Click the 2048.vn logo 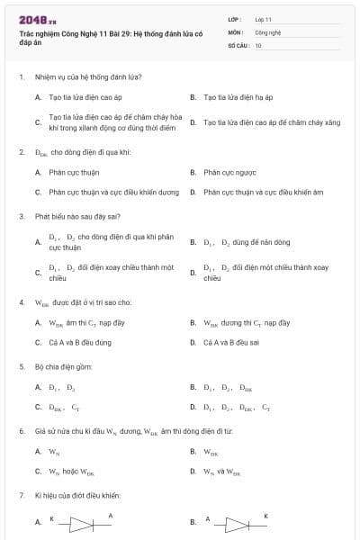click(37, 20)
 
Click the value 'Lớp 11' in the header click(263, 19)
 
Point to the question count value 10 click(258, 44)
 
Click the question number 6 click(21, 431)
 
